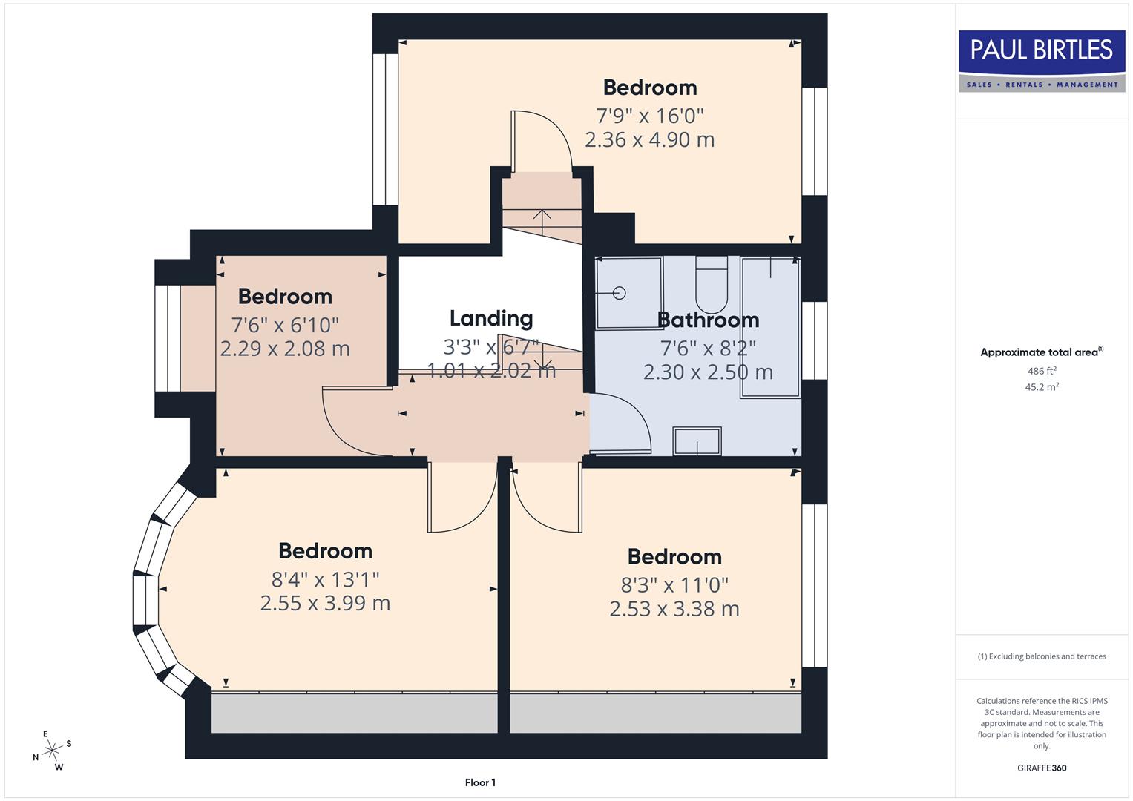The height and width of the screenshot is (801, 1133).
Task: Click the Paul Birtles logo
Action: click(1041, 61)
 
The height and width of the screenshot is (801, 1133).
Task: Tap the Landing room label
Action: click(491, 318)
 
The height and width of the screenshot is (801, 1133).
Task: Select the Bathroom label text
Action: click(709, 320)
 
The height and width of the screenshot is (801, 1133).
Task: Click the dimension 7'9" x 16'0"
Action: click(650, 116)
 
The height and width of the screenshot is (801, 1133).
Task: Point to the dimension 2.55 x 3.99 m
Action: click(325, 603)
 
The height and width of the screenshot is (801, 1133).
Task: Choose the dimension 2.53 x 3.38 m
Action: click(674, 609)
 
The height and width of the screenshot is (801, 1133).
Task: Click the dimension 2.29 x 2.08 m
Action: click(285, 349)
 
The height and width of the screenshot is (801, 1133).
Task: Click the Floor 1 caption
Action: click(480, 782)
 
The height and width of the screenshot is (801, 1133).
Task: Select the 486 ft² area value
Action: click(1042, 371)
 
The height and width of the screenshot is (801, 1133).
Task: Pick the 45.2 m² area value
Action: click(1042, 386)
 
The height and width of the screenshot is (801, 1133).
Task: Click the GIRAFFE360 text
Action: click(1042, 768)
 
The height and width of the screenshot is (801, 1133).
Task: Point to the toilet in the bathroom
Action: click(712, 286)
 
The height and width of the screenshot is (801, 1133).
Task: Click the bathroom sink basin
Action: click(697, 441)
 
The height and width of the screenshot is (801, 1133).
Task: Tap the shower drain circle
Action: click(620, 293)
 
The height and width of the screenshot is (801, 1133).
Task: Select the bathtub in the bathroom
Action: click(770, 326)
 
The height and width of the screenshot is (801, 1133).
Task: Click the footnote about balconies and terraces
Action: click(1042, 656)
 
